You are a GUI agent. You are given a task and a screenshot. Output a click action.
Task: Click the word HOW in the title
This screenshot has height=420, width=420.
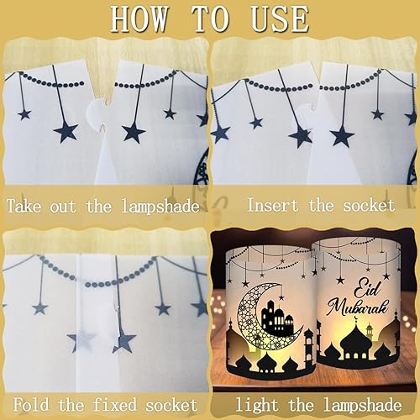tap(140, 19)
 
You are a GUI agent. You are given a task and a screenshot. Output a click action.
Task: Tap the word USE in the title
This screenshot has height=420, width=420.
tap(280, 19)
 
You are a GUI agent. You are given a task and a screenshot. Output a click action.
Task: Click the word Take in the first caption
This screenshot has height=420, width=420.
tap(24, 206)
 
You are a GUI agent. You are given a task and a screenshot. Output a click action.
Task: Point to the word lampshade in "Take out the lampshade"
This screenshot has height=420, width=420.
tap(160, 206)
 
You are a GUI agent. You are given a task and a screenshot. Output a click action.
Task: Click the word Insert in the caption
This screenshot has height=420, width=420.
tap(273, 205)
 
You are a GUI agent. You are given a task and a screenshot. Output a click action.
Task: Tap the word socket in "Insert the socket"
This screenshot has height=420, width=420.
tap(369, 205)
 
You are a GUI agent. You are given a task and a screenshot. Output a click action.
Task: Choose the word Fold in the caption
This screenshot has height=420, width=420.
tap(31, 405)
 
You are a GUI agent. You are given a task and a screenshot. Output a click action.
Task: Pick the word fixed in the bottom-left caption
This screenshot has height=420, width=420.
tap(115, 405)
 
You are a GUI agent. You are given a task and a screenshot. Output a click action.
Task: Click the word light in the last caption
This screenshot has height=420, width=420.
tap(257, 405)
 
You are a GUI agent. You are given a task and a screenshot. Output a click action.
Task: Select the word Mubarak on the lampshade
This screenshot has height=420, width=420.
tap(359, 307)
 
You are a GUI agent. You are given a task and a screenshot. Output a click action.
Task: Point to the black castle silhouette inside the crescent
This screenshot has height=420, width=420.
tap(277, 315)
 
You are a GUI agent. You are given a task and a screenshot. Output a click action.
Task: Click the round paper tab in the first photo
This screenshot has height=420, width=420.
tap(96, 113)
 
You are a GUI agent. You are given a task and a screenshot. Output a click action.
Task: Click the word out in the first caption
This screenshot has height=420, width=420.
tap(63, 207)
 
